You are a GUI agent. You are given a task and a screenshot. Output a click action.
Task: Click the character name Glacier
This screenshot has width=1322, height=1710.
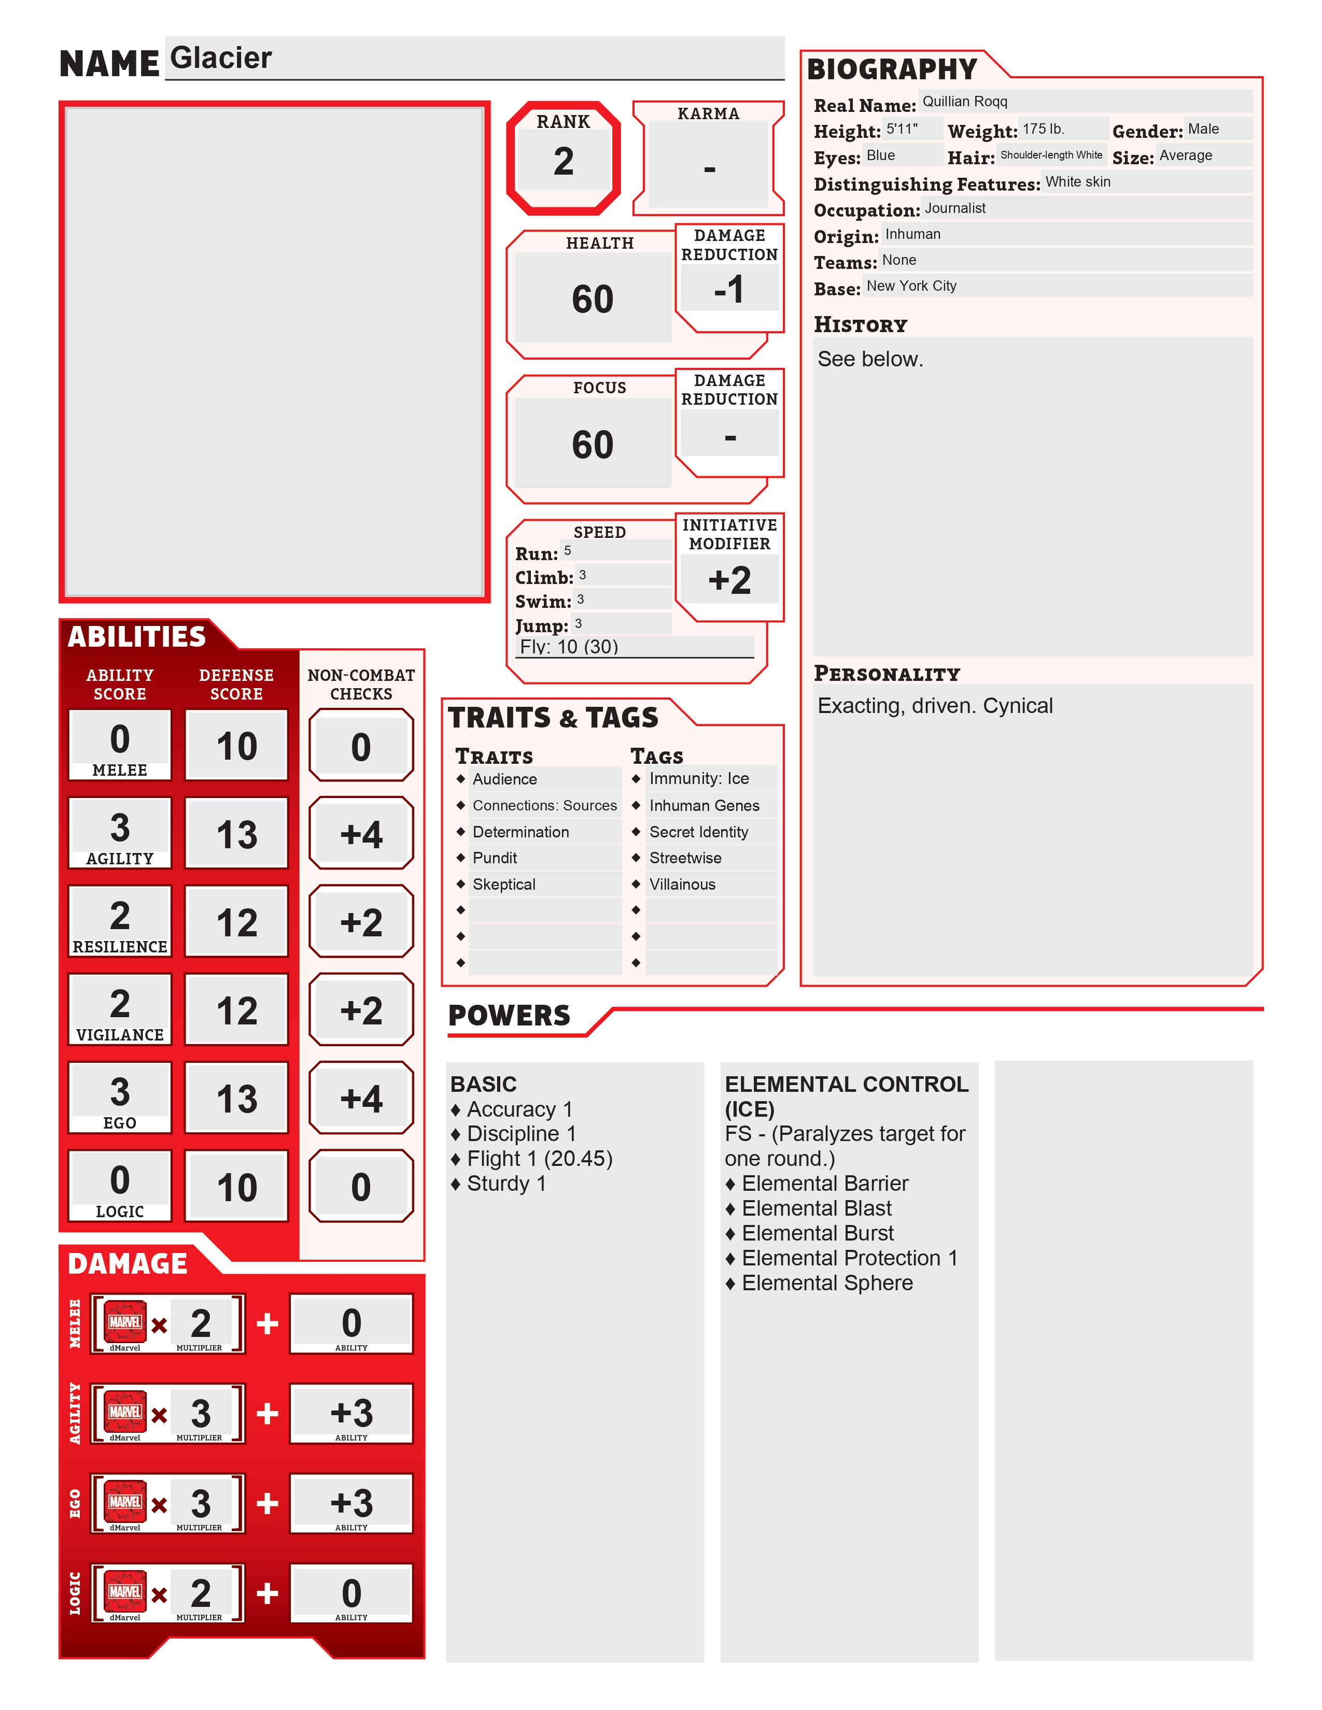tap(221, 58)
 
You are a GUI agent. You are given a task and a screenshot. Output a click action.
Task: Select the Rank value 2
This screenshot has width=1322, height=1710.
tap(563, 161)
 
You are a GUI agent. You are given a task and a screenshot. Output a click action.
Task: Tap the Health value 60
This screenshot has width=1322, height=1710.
tap(592, 299)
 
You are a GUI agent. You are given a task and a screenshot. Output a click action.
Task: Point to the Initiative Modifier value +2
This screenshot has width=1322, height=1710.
tap(729, 580)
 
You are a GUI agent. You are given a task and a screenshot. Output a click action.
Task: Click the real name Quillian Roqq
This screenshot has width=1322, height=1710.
tap(964, 102)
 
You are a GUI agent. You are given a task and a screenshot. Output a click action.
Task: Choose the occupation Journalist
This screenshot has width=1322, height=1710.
tap(954, 208)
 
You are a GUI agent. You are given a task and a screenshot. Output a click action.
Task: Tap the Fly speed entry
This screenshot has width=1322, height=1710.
tap(569, 647)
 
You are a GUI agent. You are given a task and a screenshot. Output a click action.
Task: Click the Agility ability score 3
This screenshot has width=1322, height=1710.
tap(120, 827)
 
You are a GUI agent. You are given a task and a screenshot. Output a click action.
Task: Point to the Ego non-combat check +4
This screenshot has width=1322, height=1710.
tap(361, 1099)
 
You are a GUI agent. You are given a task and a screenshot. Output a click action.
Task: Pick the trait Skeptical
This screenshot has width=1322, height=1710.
tap(503, 885)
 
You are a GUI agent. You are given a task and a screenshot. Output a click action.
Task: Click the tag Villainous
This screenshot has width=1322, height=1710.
tap(682, 885)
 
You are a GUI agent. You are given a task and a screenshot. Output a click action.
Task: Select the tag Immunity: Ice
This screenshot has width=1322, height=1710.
tap(699, 779)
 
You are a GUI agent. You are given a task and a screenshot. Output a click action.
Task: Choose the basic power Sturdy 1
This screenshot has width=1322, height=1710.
tap(506, 1184)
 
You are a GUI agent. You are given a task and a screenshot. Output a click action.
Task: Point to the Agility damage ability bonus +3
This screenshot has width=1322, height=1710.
tap(351, 1413)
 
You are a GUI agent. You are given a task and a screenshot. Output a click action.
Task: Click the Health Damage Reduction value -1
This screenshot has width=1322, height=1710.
tap(729, 289)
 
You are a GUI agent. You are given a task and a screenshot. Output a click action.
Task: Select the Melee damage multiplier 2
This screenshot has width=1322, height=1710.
tap(201, 1323)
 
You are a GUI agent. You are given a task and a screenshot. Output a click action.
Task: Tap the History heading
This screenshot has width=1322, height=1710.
tap(860, 325)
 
